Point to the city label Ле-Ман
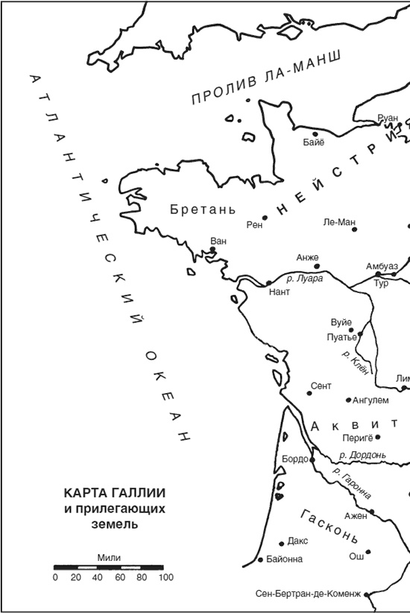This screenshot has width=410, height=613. click(x=339, y=221)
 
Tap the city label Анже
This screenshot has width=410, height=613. click(x=307, y=257)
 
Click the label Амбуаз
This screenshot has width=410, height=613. click(x=382, y=266)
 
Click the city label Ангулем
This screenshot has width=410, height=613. click(x=370, y=400)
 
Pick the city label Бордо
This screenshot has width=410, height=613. click(x=295, y=459)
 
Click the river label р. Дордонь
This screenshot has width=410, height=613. click(x=362, y=455)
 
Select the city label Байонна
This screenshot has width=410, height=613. click(x=284, y=559)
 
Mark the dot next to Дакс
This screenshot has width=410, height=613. click(x=281, y=544)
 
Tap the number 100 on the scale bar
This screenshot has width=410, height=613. click(x=165, y=577)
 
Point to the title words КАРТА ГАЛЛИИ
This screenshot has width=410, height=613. click(x=114, y=494)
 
